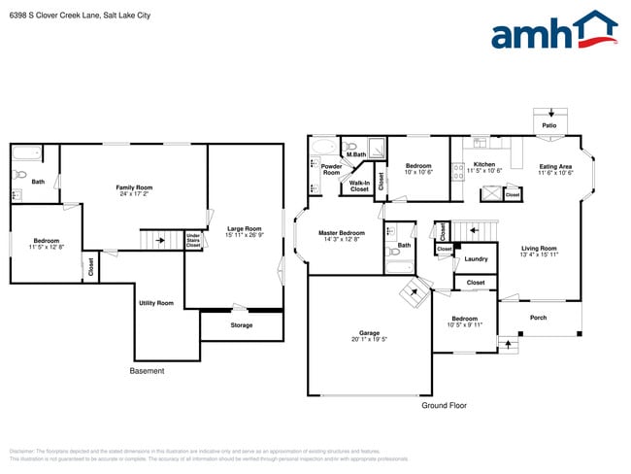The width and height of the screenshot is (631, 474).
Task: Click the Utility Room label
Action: pyautogui.click(x=156, y=303)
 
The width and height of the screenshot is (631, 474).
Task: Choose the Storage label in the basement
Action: pyautogui.click(x=241, y=325)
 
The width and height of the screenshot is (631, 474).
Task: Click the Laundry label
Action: pyautogui.click(x=476, y=258)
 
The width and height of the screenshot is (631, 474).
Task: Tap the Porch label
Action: pyautogui.click(x=538, y=318)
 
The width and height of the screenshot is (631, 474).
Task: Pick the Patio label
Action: pyautogui.click(x=549, y=126)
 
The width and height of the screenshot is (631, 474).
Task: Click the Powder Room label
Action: pyautogui.click(x=331, y=169)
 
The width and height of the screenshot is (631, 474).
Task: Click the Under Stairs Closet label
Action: pyautogui.click(x=193, y=240)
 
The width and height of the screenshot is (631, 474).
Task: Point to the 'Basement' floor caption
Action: pyautogui.click(x=147, y=371)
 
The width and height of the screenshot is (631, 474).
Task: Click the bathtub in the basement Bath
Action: pyautogui.click(x=25, y=152)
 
